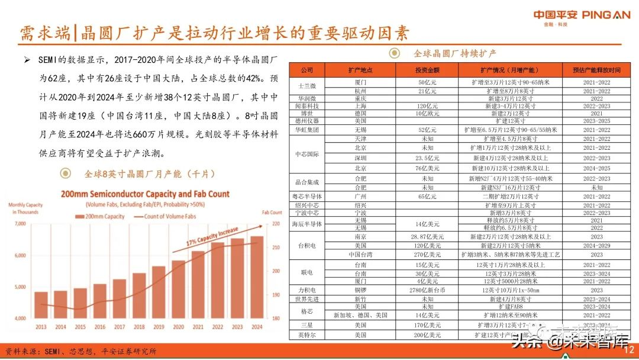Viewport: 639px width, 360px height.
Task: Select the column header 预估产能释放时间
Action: [596, 70]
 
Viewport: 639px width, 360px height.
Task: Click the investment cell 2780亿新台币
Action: [426, 290]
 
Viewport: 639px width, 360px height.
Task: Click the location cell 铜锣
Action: [360, 290]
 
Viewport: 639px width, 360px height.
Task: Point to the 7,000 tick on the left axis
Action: [20, 224]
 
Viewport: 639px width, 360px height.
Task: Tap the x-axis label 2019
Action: [159, 327]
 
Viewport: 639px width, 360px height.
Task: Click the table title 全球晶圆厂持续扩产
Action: [455, 53]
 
